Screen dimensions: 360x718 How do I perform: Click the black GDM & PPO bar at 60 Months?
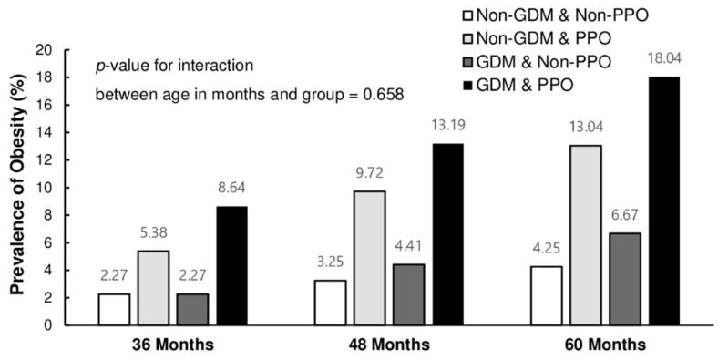click(662, 201)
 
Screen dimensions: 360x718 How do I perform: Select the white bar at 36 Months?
click(114, 310)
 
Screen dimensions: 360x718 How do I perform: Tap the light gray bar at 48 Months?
click(368, 258)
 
